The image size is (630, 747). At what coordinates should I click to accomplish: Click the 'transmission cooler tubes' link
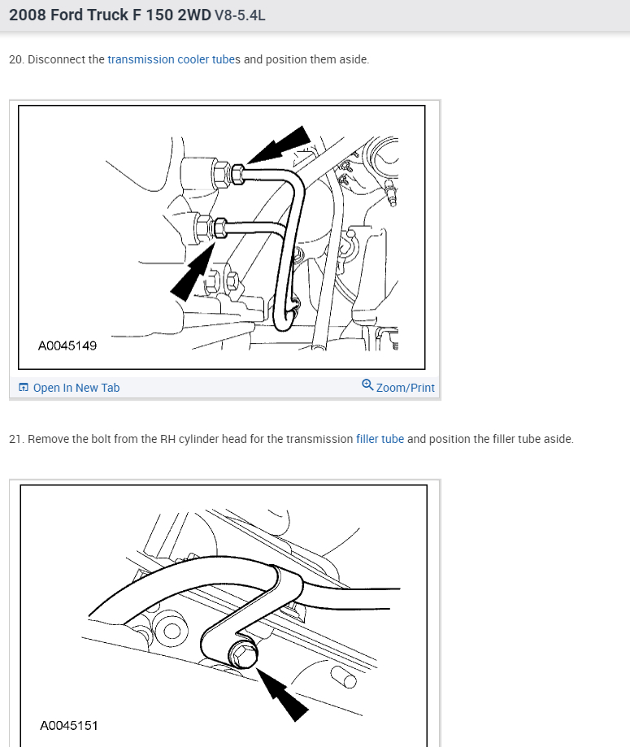[x=174, y=59]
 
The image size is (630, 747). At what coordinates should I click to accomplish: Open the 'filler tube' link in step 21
[x=380, y=439]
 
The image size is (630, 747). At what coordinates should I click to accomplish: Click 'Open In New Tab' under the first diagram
[x=76, y=388]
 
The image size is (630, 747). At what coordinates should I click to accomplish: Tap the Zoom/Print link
[x=405, y=388]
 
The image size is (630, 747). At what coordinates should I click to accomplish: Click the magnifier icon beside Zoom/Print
[x=367, y=385]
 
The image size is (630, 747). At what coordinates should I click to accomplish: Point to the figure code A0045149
[x=67, y=345]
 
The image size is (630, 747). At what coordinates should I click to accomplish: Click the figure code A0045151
[x=69, y=726]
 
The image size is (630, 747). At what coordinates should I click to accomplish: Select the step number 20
[x=16, y=59]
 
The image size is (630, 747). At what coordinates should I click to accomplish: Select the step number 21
[x=16, y=439]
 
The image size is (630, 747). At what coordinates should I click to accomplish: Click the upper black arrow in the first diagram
[x=280, y=145]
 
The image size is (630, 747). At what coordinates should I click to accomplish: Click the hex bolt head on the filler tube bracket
[x=244, y=655]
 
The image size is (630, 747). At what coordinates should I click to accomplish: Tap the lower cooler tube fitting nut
[x=219, y=228]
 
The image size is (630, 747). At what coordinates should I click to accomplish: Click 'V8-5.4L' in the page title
[x=240, y=15]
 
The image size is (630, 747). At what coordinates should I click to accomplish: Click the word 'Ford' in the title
[x=66, y=15]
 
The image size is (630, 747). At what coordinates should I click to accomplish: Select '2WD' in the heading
[x=194, y=15]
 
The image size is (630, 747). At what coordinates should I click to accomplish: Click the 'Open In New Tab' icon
[x=24, y=387]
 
